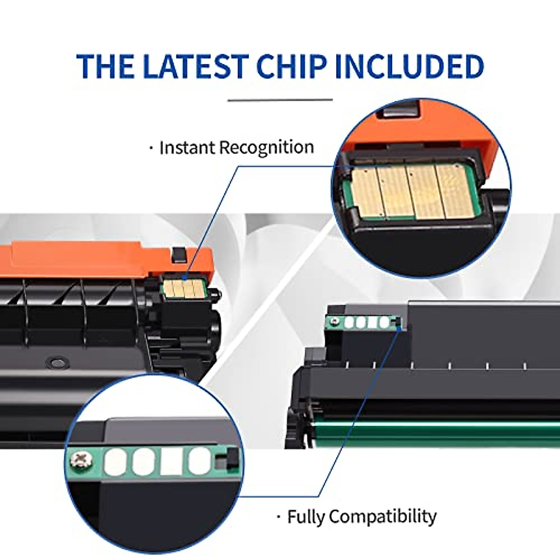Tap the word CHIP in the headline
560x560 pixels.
(x=291, y=66)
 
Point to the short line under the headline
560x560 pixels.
(x=280, y=100)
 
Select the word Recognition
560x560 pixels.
(x=267, y=147)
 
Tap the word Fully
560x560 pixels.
(x=305, y=517)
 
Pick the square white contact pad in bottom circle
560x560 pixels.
(x=171, y=462)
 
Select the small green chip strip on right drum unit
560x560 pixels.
(x=364, y=322)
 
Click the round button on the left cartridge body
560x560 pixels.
(x=56, y=362)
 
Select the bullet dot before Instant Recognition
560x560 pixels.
(x=151, y=148)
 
